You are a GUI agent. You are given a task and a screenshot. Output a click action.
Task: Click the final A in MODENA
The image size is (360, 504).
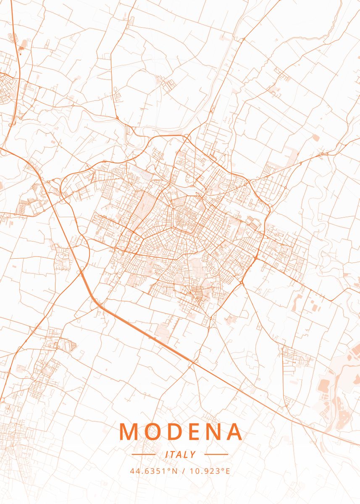(x=234, y=431)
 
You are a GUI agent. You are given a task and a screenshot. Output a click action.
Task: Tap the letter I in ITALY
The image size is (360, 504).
(x=167, y=454)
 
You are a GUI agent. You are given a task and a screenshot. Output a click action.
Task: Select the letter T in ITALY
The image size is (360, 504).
(x=173, y=454)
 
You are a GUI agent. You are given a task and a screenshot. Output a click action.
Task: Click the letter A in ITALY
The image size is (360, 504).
(x=179, y=454)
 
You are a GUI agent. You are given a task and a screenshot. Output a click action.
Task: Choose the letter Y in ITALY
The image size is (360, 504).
(x=192, y=454)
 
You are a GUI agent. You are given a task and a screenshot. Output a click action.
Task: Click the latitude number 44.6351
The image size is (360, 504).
(x=147, y=471)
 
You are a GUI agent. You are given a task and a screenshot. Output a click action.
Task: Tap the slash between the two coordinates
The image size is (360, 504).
(x=184, y=471)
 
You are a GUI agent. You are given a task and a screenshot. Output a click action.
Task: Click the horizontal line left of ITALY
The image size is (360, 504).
(x=144, y=454)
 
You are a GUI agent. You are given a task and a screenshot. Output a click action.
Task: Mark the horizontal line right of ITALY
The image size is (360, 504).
(x=216, y=454)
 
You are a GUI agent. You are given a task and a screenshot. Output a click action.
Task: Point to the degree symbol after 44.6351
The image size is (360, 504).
(x=168, y=469)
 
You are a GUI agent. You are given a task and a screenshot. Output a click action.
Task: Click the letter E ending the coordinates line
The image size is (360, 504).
(x=227, y=471)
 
